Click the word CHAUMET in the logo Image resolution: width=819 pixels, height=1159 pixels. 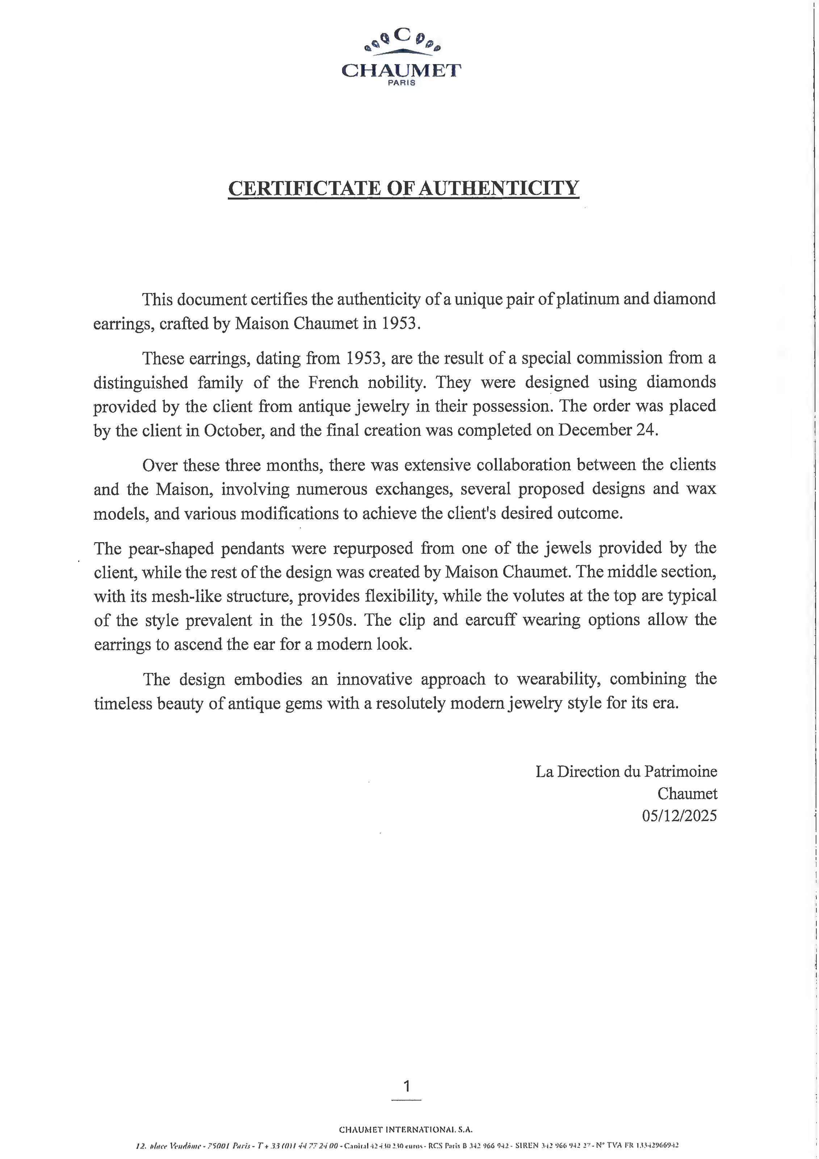pos(401,70)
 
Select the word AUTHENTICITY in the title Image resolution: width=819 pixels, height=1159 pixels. pos(499,188)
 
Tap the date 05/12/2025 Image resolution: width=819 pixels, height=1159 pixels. pos(679,816)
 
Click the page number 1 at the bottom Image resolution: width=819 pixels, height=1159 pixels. pos(407,1086)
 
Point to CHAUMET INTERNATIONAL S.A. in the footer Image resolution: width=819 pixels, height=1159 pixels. pos(406,1130)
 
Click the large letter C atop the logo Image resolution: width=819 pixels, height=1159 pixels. pos(402,35)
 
